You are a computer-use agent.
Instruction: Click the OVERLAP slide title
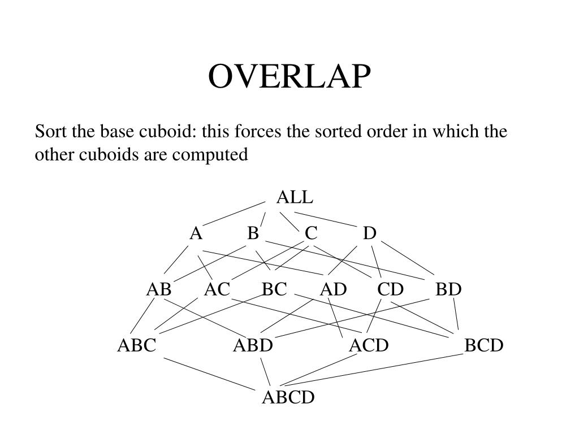[x=290, y=77]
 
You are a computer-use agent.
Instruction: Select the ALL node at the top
[x=294, y=197]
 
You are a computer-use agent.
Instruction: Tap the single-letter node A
[x=196, y=233]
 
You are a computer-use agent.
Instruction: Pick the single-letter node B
[x=253, y=233]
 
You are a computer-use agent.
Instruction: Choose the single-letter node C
[x=311, y=233]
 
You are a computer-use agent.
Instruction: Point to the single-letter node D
[x=369, y=233]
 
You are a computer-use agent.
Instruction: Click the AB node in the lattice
[x=159, y=289]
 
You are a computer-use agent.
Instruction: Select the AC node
[x=217, y=289]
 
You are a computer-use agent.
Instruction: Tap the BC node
[x=274, y=289]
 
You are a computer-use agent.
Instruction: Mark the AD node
[x=333, y=289]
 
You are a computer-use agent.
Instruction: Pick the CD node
[x=391, y=289]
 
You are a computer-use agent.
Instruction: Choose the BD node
[x=448, y=289]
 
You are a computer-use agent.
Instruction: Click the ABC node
[x=136, y=345]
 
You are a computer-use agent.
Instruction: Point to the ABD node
[x=253, y=345]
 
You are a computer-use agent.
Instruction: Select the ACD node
[x=369, y=345]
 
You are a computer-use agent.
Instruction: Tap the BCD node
[x=484, y=345]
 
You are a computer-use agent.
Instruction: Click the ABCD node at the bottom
[x=288, y=398]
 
